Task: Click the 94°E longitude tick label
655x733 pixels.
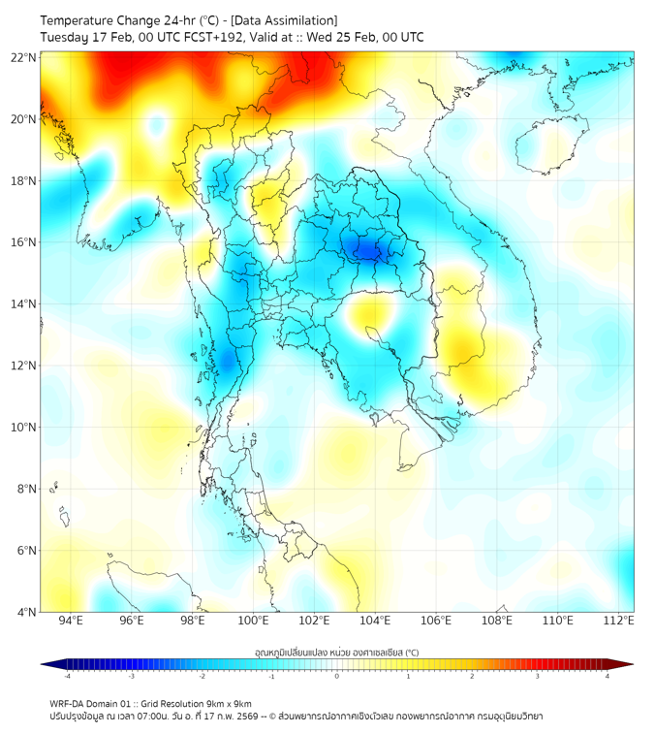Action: click(x=71, y=621)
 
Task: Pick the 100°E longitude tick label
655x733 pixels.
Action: click(x=254, y=621)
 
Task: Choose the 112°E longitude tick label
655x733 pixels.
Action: click(x=618, y=621)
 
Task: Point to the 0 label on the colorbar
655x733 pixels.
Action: click(x=337, y=676)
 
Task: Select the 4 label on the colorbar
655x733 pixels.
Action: click(x=608, y=676)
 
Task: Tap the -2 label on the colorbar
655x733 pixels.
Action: click(x=202, y=676)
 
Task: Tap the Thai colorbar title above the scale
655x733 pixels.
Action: click(x=336, y=653)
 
